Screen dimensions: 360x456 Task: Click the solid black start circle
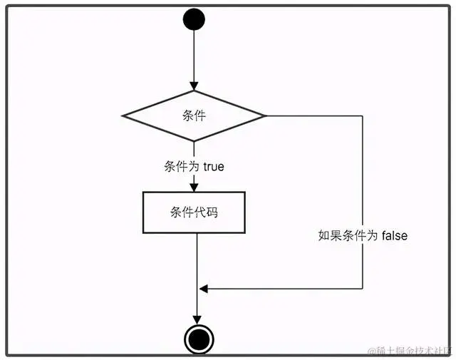tap(194, 20)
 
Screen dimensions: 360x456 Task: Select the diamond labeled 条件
tap(194, 115)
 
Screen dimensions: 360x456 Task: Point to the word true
tap(214, 167)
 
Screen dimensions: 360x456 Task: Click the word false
tap(392, 235)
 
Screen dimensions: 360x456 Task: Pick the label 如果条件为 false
tap(363, 235)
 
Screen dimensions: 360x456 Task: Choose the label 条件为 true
tap(194, 167)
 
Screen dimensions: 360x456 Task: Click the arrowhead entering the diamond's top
tap(194, 86)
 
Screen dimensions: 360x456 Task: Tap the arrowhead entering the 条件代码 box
tap(194, 187)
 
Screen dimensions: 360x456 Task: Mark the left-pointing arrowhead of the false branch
tap(204, 289)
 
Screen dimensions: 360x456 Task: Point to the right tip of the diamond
tap(264, 115)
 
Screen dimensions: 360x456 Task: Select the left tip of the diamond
tap(123, 115)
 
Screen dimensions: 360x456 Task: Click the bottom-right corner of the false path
tap(363, 289)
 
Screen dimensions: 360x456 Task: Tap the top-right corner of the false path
tap(363, 115)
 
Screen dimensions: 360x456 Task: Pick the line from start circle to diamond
tap(194, 57)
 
